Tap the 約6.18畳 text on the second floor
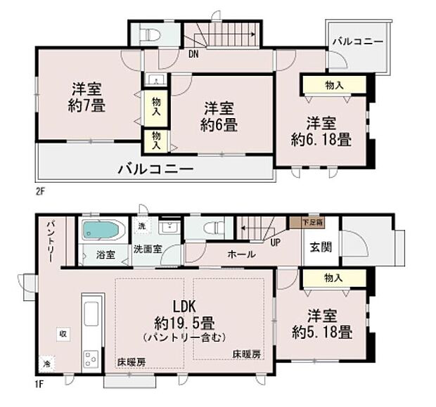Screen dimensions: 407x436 coord(321,139)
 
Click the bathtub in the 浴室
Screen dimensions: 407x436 coord(103,230)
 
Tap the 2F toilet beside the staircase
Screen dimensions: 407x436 coord(148,35)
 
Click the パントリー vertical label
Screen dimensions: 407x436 coord(50,243)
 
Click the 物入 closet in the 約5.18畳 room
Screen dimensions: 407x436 coord(334,278)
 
